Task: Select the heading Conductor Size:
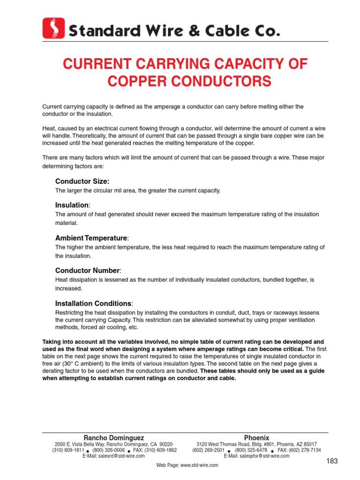click(x=82, y=181)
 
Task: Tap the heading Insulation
click(x=72, y=205)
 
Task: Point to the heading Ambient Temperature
click(x=91, y=238)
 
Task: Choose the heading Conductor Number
click(x=88, y=270)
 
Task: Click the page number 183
click(x=332, y=461)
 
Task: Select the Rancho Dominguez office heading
click(x=114, y=438)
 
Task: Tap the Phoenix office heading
click(x=256, y=438)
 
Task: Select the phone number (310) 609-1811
click(x=68, y=450)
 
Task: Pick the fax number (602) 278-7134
click(x=307, y=450)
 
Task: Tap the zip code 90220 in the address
click(x=165, y=444)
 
